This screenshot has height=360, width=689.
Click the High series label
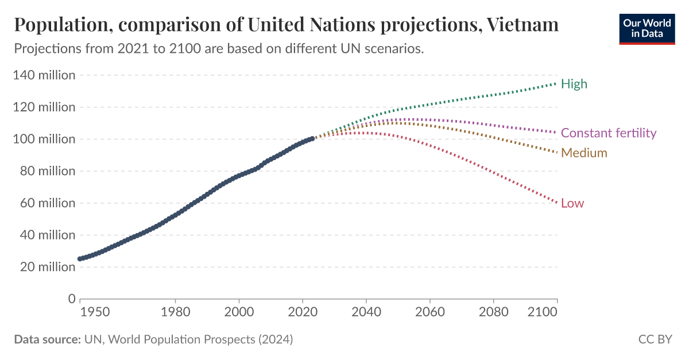tap(574, 84)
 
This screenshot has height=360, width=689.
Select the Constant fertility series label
tap(608, 133)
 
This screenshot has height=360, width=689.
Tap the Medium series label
tap(584, 153)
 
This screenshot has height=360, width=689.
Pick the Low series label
tap(572, 203)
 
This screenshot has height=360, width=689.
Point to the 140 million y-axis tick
tap(45, 75)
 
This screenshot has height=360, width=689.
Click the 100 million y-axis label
tap(45, 139)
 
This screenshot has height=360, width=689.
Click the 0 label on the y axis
tap(71, 299)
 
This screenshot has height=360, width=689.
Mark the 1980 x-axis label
tap(175, 312)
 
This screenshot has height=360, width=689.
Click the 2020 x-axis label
tap(303, 312)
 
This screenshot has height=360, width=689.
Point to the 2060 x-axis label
tap(430, 312)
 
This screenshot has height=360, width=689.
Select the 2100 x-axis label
tap(543, 312)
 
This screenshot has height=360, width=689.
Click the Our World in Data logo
tap(646, 28)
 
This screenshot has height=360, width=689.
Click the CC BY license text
tap(655, 339)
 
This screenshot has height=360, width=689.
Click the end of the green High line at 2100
tap(557, 83)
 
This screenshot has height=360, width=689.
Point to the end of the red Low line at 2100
tap(557, 203)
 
